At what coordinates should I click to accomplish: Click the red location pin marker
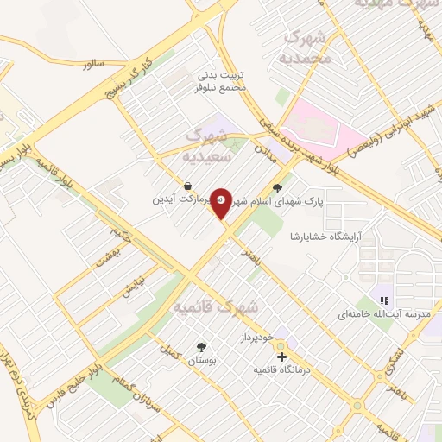pos(222,204)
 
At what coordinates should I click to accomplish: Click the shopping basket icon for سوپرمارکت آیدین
pos(188,185)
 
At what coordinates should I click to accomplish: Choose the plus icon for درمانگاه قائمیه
pos(281,356)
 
